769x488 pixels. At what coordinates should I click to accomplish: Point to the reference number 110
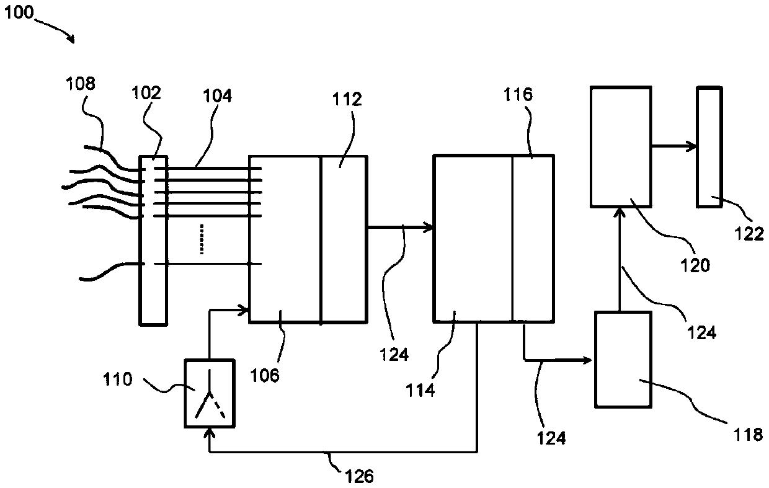point(118,379)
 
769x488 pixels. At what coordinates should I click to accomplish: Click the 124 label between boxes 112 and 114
point(394,354)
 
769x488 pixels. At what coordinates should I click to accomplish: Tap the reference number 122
point(752,234)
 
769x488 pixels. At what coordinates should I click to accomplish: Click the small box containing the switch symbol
point(210,393)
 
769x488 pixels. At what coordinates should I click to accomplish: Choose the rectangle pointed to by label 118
point(623,360)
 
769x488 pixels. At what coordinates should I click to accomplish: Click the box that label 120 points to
point(620,146)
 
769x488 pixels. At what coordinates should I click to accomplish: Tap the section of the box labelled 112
point(343,239)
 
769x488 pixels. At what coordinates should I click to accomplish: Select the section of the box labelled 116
point(533,239)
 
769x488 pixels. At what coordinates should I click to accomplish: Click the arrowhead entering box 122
point(692,146)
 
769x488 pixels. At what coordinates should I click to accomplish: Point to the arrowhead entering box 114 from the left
point(428,228)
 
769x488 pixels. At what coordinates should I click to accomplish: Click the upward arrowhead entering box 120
point(620,212)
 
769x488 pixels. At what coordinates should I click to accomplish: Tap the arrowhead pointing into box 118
point(589,359)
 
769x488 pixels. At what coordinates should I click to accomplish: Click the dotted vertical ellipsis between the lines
point(201,240)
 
